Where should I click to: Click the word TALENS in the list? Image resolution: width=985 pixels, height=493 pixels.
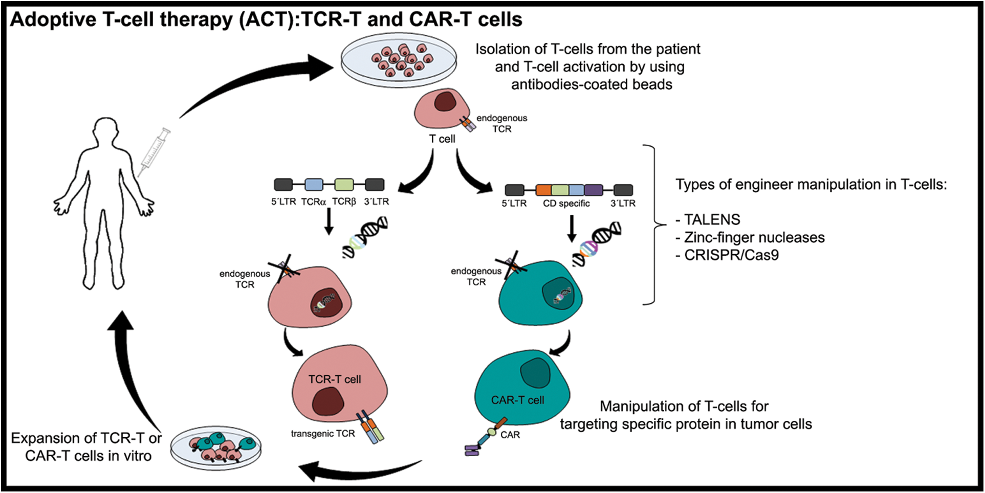pyautogui.click(x=712, y=220)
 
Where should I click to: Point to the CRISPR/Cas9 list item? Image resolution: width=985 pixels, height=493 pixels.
pyautogui.click(x=731, y=255)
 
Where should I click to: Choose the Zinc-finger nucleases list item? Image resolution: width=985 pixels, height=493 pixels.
pyautogui.click(x=754, y=238)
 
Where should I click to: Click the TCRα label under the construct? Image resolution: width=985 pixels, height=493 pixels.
pyautogui.click(x=313, y=202)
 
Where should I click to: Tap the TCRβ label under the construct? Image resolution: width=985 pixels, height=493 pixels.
pyautogui.click(x=344, y=202)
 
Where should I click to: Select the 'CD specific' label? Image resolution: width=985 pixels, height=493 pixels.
pyautogui.click(x=566, y=204)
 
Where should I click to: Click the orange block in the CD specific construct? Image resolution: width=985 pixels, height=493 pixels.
pyautogui.click(x=543, y=190)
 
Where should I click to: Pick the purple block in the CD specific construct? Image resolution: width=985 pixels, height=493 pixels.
pyautogui.click(x=593, y=190)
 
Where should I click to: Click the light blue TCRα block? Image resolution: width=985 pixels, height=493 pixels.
pyautogui.click(x=314, y=185)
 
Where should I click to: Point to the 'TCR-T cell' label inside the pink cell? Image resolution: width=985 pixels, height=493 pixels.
pyautogui.click(x=335, y=379)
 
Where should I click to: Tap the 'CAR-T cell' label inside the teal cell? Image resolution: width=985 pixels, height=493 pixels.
pyautogui.click(x=517, y=400)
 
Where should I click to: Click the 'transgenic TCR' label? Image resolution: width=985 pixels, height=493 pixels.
pyautogui.click(x=323, y=434)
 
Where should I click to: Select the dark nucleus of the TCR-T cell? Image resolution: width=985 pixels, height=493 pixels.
pyautogui.click(x=327, y=401)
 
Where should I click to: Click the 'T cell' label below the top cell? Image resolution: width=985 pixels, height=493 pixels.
pyautogui.click(x=442, y=139)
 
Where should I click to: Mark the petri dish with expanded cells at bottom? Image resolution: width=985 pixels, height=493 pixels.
pyautogui.click(x=216, y=448)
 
